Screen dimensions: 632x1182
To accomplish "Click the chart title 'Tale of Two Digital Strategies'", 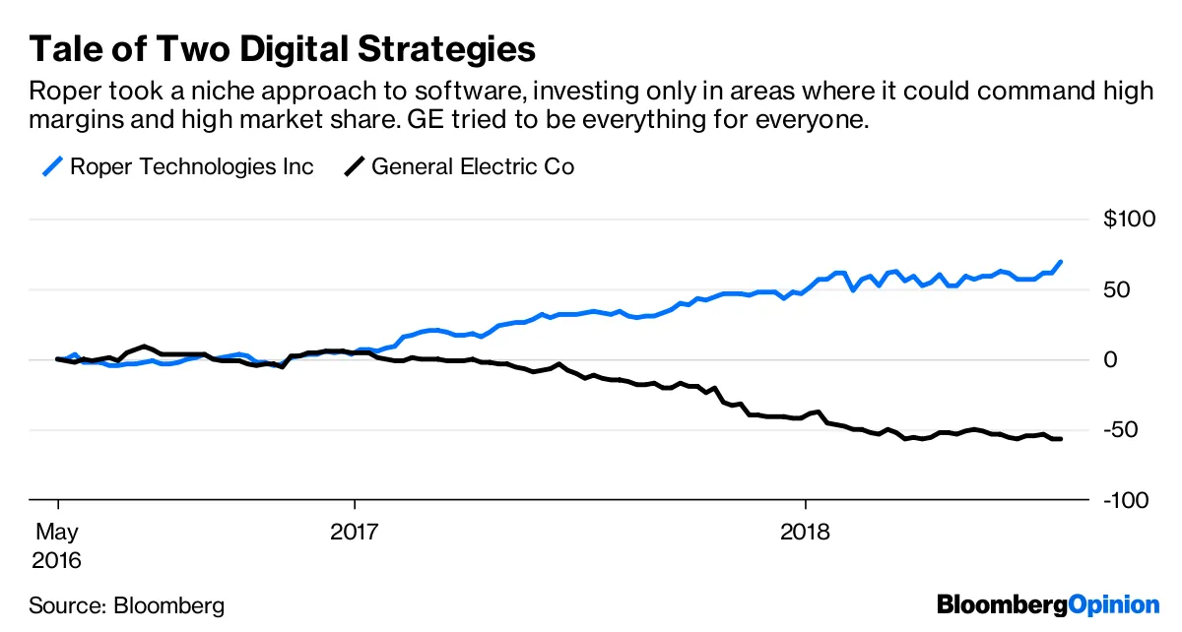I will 283,48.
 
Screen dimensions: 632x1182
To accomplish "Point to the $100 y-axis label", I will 1128,220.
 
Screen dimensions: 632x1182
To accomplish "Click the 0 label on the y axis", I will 1110,360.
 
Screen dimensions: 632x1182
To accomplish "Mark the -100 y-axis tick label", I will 1125,501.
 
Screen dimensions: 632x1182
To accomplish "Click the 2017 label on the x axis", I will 354,533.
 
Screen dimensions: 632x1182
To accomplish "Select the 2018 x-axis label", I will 806,533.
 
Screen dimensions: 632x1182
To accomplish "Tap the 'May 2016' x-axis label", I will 58,546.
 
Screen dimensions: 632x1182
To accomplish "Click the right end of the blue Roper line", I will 1060,262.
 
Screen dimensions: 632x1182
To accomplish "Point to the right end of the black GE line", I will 1060,439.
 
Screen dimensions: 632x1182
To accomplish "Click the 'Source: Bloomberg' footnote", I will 126,605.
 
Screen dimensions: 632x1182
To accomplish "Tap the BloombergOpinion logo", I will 1048,604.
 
